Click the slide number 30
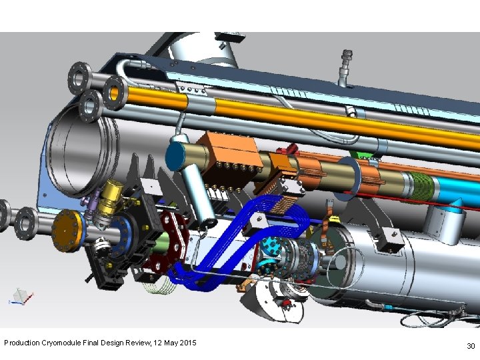[471, 346]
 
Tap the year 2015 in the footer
[187, 342]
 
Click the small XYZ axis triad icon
[21, 296]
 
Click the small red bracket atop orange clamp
[288, 149]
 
